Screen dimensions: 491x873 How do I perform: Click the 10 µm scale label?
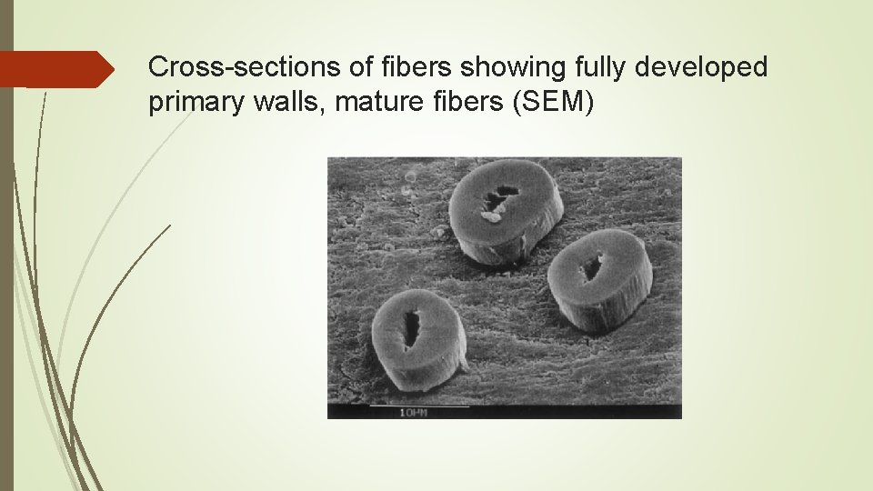tap(412, 413)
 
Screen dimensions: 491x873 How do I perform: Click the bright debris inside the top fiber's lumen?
tap(492, 215)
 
